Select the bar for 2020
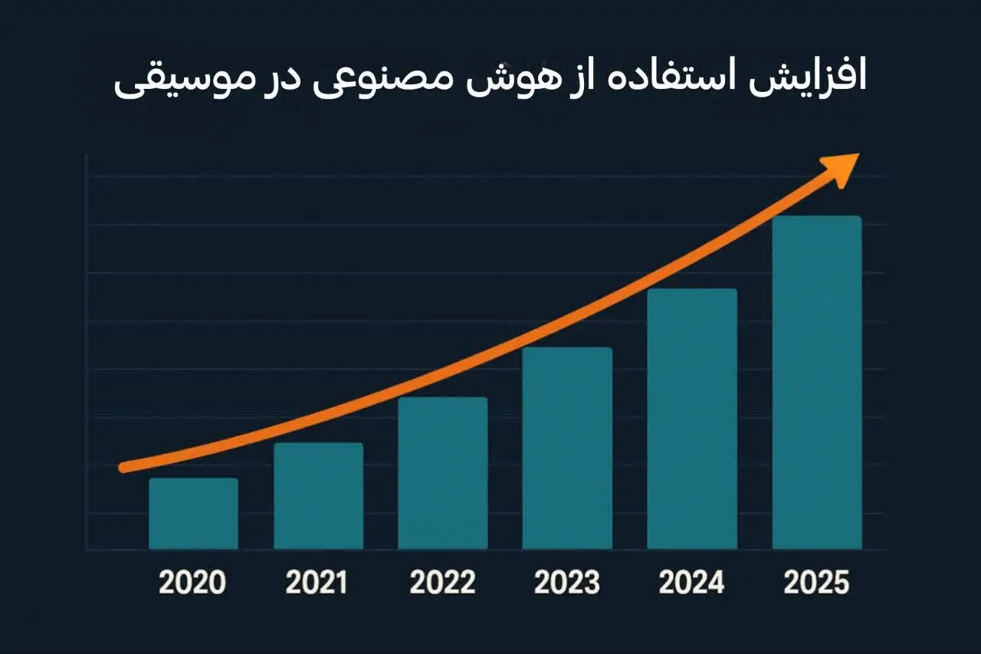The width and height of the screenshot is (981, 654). (x=193, y=514)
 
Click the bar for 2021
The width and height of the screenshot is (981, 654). (x=318, y=496)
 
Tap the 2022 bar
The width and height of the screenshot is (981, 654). (x=443, y=473)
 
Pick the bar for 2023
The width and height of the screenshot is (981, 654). (x=567, y=448)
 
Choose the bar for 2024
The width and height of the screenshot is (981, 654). (x=692, y=419)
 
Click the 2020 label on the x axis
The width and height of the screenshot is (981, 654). (x=192, y=583)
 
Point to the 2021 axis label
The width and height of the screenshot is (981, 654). (x=317, y=583)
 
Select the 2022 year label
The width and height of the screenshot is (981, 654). (x=442, y=583)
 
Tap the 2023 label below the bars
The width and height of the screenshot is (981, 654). (x=567, y=583)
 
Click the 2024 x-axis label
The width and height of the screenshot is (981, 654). (x=692, y=583)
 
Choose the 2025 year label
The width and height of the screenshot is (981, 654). (x=817, y=583)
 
